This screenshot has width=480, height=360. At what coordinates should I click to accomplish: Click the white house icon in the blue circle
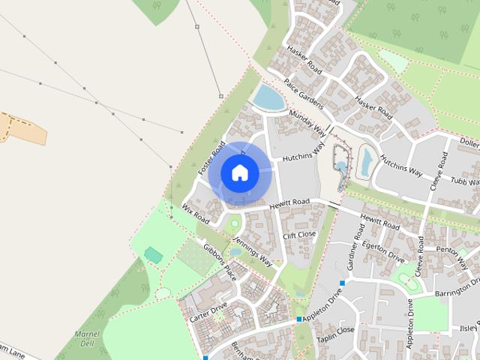tap(239, 172)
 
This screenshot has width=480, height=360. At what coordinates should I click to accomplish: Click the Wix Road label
tap(195, 211)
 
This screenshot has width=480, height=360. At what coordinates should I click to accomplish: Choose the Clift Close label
tap(299, 235)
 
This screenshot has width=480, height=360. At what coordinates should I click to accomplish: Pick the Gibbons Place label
tap(220, 261)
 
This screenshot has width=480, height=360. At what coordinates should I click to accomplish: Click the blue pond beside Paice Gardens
tap(268, 97)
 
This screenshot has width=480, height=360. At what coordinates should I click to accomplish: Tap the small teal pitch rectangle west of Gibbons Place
tap(153, 255)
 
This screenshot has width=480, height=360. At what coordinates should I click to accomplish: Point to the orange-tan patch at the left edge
tap(22, 127)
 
